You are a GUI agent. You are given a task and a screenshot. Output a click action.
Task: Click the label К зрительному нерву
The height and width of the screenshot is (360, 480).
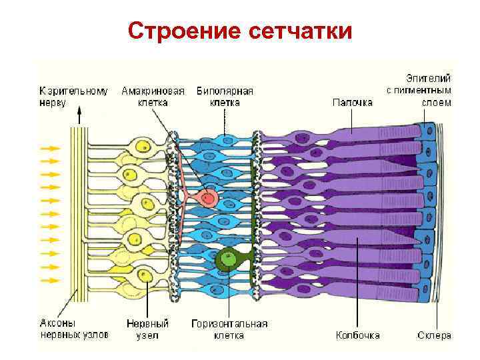[x=73, y=96]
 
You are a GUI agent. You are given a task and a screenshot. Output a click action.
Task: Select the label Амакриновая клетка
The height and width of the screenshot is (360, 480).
[x=153, y=96]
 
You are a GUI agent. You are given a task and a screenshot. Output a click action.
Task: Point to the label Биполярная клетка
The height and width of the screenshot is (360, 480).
[x=225, y=96]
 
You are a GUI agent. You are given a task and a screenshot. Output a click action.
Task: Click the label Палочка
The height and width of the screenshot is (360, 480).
[x=352, y=102]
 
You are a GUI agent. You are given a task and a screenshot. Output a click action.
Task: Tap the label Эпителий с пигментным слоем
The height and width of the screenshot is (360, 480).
[x=419, y=90]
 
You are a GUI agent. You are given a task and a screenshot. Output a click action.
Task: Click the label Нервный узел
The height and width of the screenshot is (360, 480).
[x=147, y=329]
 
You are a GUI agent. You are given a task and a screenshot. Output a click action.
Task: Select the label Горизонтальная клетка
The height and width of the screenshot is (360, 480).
[x=229, y=329]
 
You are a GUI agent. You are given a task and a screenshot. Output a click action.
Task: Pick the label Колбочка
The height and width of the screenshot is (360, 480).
[x=358, y=335]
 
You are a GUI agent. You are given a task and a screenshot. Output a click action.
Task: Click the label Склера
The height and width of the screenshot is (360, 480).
[x=435, y=335]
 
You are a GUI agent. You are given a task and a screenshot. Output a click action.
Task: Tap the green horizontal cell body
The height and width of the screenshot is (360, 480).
[x=229, y=259]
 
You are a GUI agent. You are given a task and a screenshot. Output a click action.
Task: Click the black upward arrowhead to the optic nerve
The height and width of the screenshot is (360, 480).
[x=80, y=115]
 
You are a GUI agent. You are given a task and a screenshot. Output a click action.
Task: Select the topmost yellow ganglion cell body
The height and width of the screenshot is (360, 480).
[x=142, y=147]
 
